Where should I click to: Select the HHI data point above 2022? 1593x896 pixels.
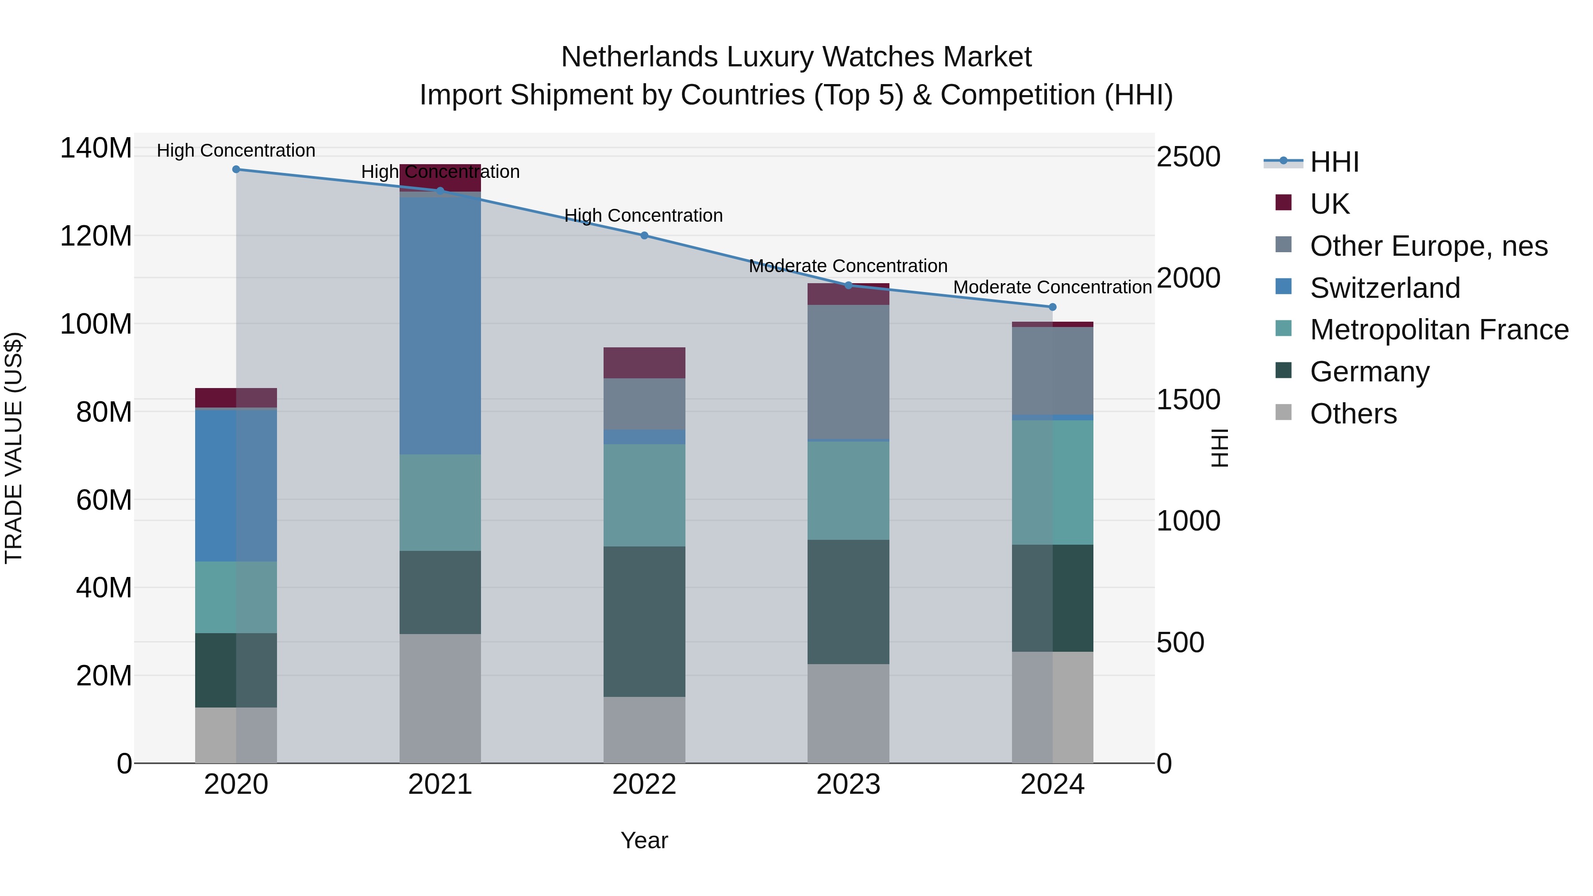(x=644, y=235)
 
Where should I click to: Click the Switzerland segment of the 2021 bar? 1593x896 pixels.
(x=440, y=325)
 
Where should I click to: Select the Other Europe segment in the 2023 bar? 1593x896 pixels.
(x=848, y=371)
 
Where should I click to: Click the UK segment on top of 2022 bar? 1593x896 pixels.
(x=644, y=362)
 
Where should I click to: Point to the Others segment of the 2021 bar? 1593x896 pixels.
(x=440, y=698)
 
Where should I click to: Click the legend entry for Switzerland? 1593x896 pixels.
(x=1384, y=288)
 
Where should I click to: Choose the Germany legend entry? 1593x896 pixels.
(x=1369, y=372)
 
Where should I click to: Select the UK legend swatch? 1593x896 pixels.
(x=1283, y=203)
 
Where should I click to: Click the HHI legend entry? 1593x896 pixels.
(x=1334, y=162)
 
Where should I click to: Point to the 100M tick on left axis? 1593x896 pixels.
(x=96, y=324)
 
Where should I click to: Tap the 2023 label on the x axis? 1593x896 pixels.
(x=848, y=784)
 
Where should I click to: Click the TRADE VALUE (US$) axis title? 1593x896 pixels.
(x=14, y=448)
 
